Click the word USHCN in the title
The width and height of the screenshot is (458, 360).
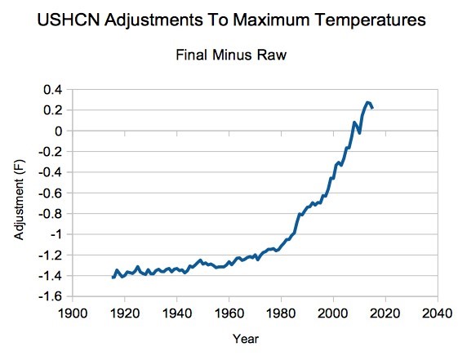(x=69, y=20)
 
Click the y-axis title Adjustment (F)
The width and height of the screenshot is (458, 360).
(x=20, y=199)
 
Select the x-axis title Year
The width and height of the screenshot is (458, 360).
(x=246, y=339)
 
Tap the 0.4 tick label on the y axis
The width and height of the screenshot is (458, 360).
(x=53, y=90)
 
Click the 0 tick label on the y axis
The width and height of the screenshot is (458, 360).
(x=59, y=131)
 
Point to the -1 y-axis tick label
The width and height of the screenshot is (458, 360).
(x=56, y=234)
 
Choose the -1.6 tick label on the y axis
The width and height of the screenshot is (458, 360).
(x=51, y=296)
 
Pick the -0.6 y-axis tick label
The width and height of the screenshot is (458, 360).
(x=51, y=193)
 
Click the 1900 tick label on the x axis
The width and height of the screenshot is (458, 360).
(x=73, y=313)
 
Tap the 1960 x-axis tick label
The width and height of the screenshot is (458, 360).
(x=229, y=313)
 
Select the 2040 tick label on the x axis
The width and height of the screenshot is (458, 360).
(x=438, y=313)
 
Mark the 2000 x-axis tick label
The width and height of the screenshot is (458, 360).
(x=333, y=313)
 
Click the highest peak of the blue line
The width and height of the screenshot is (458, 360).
(x=367, y=103)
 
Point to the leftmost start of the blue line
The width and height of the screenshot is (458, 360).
(x=113, y=277)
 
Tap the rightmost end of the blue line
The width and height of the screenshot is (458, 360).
(x=372, y=108)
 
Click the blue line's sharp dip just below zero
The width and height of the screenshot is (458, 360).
(x=359, y=133)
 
